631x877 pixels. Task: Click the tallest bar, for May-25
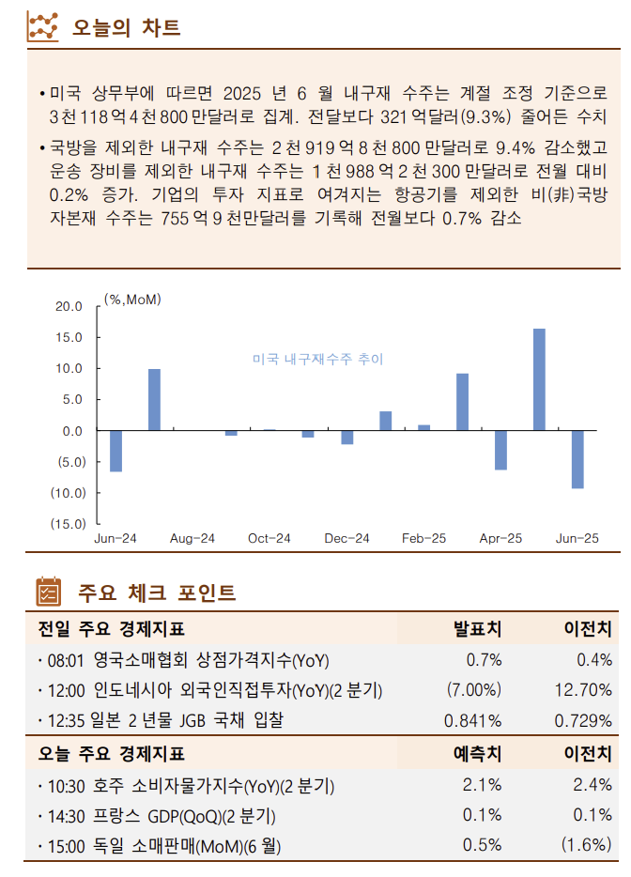tap(539, 379)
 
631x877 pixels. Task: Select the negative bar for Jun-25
tap(577, 459)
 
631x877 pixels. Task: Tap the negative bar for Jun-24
tap(115, 451)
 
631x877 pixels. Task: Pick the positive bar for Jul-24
tap(154, 400)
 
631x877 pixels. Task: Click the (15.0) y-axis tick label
tap(69, 523)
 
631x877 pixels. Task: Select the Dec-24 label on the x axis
tap(346, 539)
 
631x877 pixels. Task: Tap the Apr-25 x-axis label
tap(500, 539)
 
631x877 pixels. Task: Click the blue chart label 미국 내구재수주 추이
tap(317, 360)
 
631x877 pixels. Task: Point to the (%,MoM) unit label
tap(133, 300)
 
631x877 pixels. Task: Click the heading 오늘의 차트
tap(127, 28)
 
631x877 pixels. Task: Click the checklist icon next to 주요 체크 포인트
tap(48, 592)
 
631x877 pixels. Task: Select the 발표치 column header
tap(477, 627)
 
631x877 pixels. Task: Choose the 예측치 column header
tap(477, 753)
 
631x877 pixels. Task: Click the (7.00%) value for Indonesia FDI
tap(474, 690)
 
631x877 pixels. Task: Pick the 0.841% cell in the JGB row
tap(472, 721)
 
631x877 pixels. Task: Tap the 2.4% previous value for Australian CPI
tap(593, 784)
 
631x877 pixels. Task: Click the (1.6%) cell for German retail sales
tap(586, 844)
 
